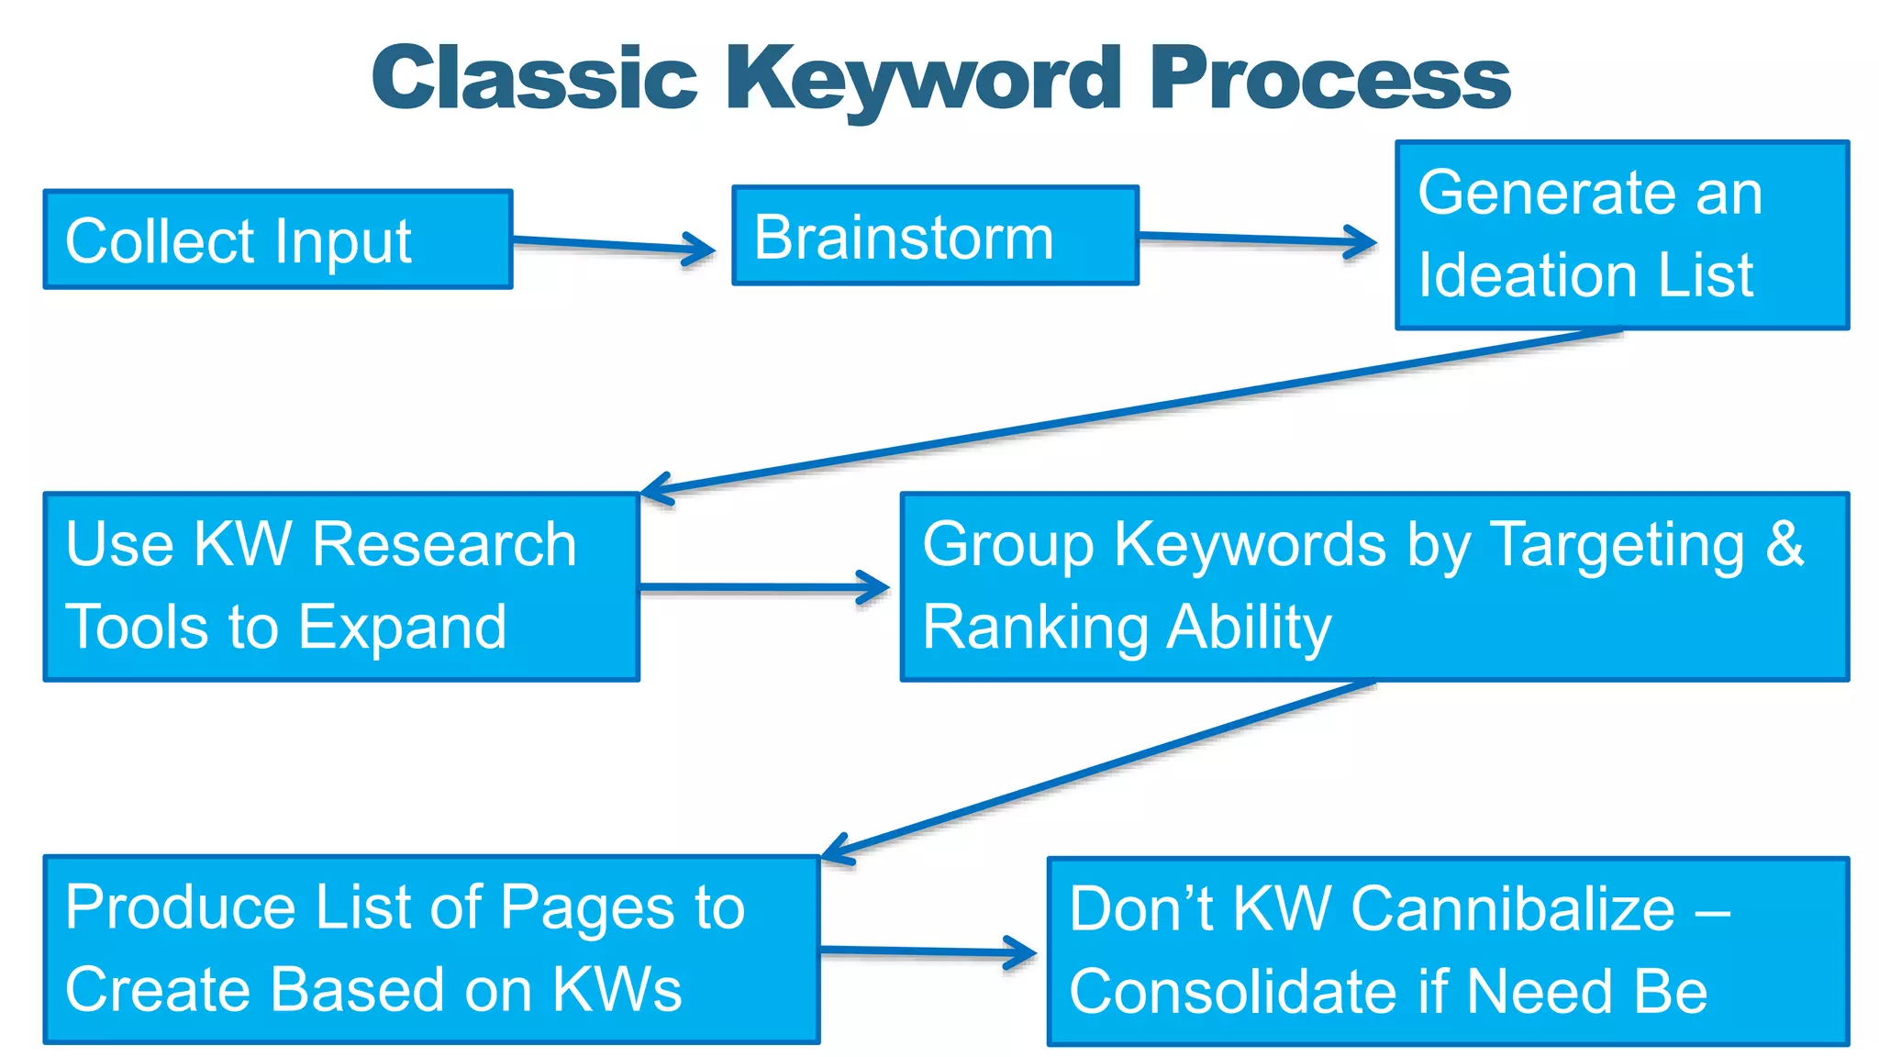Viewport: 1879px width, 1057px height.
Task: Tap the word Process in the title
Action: (x=1329, y=79)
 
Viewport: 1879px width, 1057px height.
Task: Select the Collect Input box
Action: (x=277, y=239)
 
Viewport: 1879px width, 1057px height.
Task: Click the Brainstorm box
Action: (x=934, y=236)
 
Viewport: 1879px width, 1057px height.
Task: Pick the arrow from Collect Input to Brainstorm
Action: (x=613, y=245)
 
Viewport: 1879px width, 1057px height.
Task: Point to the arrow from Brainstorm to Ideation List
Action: (x=1257, y=240)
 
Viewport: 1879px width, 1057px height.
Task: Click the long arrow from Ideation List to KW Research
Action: (x=1129, y=411)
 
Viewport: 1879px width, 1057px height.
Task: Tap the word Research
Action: (x=444, y=544)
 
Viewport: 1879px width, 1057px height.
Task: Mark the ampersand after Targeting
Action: (x=1784, y=543)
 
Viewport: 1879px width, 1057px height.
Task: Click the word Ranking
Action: (x=1034, y=628)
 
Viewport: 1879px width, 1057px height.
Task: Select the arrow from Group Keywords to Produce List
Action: (x=1101, y=769)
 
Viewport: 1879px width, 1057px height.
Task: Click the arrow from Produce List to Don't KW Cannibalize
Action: (x=927, y=951)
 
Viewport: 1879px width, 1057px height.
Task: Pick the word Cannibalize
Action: (x=1513, y=909)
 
